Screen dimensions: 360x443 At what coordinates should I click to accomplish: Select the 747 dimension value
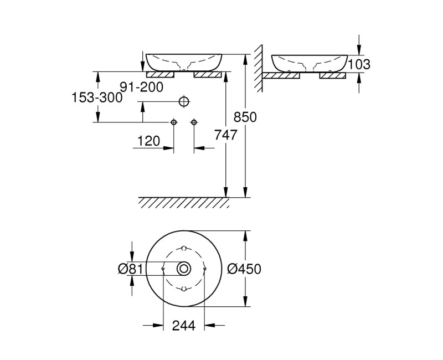click(225, 134)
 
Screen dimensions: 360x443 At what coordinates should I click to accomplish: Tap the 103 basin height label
click(360, 64)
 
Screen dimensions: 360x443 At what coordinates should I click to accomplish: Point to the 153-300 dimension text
click(96, 97)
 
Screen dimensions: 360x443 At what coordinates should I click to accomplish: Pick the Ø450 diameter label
click(244, 269)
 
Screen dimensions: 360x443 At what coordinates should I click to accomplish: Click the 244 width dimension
click(184, 326)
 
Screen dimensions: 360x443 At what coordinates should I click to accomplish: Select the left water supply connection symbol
click(174, 122)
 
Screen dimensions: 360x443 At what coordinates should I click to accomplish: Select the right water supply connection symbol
click(194, 122)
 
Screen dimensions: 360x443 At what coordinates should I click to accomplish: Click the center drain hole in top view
click(184, 269)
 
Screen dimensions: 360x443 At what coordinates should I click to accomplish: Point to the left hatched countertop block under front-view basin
click(159, 74)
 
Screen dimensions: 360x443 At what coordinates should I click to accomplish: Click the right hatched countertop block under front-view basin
click(208, 74)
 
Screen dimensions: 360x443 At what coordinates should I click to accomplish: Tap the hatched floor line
click(184, 202)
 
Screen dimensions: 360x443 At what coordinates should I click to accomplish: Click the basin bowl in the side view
click(309, 63)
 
